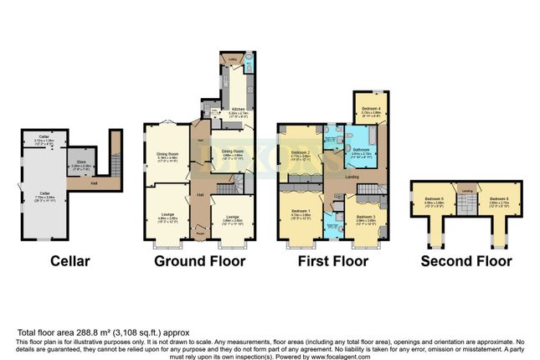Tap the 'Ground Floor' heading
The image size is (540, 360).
point(199,260)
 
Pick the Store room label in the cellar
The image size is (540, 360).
point(81,163)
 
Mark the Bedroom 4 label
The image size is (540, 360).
point(371,109)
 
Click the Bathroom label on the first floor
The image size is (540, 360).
point(361,151)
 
